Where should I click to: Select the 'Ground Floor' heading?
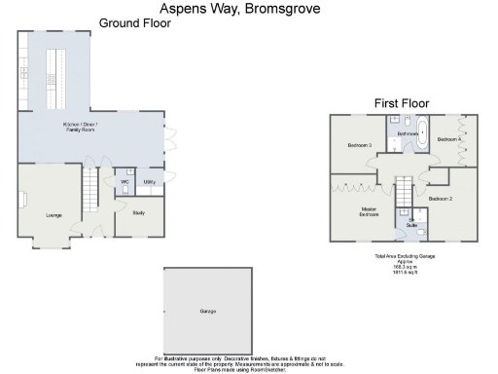click(x=135, y=22)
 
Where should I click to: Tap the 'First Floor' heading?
click(x=402, y=102)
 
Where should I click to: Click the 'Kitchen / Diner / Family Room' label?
click(x=89, y=130)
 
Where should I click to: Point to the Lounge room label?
click(x=53, y=214)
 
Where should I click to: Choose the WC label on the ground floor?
click(x=125, y=182)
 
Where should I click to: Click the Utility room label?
click(x=150, y=182)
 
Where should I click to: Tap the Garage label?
click(x=207, y=312)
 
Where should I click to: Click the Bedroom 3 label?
click(x=360, y=145)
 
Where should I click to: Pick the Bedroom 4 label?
click(x=448, y=139)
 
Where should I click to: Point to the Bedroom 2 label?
click(x=441, y=199)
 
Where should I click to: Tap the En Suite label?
click(x=411, y=225)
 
